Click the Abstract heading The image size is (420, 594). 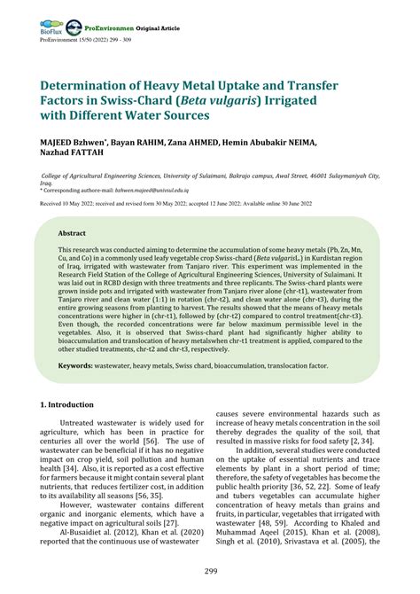click(x=73, y=232)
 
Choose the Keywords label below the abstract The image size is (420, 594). click(x=82, y=366)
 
